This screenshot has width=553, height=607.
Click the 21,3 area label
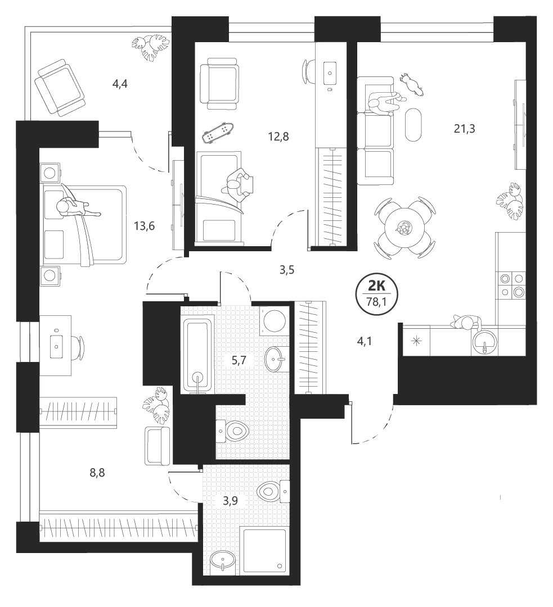coord(464,129)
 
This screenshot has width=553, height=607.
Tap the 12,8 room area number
coord(278,137)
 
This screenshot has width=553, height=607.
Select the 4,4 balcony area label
coord(120,84)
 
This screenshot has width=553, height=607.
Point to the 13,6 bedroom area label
coord(144,226)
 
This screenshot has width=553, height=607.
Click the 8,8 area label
coord(97,473)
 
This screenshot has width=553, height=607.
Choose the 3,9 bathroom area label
coord(230,501)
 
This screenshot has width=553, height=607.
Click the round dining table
coord(404,227)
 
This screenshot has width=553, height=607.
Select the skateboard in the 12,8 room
coord(218,132)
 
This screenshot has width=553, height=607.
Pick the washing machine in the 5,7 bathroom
coord(275,321)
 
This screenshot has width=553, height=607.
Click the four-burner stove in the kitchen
coord(511,285)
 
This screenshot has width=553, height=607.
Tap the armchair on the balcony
coord(59,88)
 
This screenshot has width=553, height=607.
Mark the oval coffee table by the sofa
coord(413,125)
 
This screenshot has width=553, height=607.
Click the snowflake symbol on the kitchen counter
coord(417,341)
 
